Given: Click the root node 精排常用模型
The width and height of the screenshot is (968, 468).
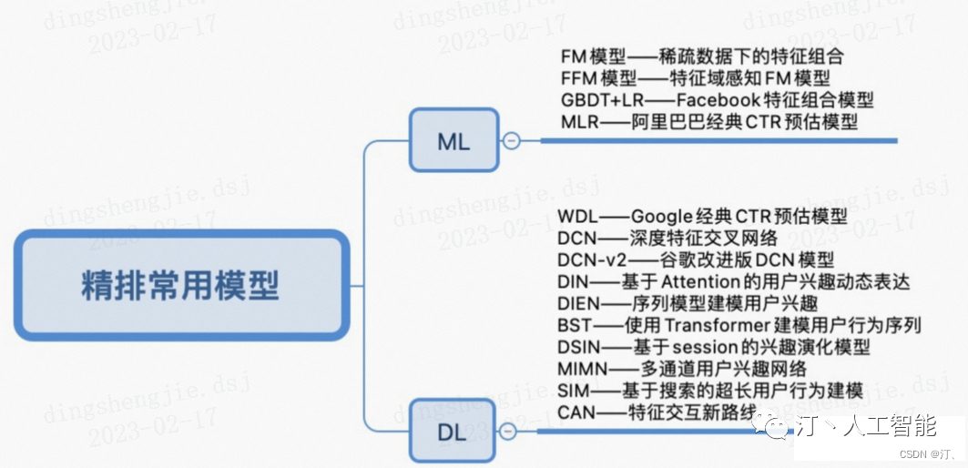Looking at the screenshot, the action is pyautogui.click(x=181, y=285).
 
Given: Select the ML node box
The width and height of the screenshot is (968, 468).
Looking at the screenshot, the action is pyautogui.click(x=453, y=140).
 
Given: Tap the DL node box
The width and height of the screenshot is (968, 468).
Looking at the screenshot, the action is pyautogui.click(x=453, y=432).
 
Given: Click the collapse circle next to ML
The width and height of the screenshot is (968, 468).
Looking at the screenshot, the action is pyautogui.click(x=511, y=141).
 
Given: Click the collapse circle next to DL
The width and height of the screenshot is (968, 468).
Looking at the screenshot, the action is pyautogui.click(x=508, y=432).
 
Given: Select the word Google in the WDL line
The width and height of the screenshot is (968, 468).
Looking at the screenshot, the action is pyautogui.click(x=668, y=218).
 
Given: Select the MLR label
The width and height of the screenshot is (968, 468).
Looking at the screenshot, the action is pyautogui.click(x=580, y=122).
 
